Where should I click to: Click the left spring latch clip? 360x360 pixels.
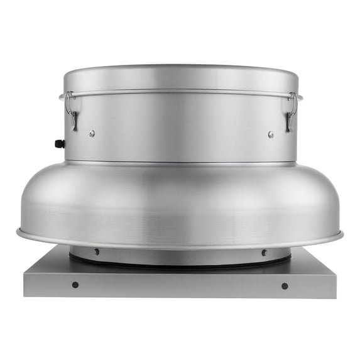tap(71, 111)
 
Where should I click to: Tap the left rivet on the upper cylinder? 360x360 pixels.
tap(92, 133)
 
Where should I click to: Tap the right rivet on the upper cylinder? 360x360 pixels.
tap(271, 134)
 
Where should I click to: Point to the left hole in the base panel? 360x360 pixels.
tap(75, 285)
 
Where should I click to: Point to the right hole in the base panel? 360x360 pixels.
tap(285, 286)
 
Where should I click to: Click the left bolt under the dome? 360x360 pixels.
tap(96, 251)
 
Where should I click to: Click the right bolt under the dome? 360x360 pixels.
tap(264, 253)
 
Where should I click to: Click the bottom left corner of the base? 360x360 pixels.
tap(25, 295)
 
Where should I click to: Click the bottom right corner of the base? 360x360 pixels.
tap(335, 297)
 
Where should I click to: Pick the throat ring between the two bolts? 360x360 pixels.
tap(181, 256)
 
